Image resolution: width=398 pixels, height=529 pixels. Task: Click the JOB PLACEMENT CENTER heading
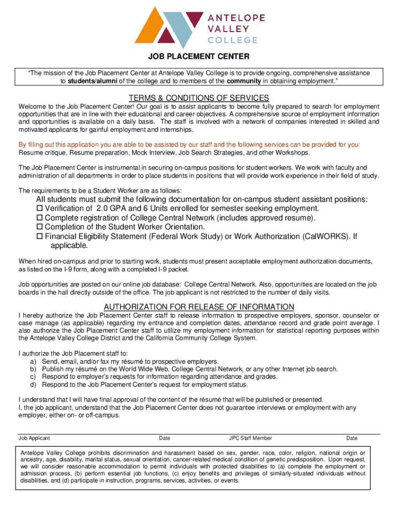(x=199, y=56)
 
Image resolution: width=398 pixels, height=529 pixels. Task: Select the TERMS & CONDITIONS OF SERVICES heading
(x=199, y=98)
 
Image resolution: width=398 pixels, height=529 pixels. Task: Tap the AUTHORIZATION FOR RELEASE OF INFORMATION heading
(x=199, y=306)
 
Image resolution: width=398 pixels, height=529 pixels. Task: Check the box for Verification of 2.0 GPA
(x=39, y=208)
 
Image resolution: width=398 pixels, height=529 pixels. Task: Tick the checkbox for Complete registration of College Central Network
(x=39, y=217)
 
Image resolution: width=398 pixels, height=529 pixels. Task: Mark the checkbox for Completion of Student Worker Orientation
(x=39, y=227)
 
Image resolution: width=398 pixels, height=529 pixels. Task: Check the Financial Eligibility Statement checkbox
(x=39, y=236)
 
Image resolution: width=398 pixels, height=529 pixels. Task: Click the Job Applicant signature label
(x=34, y=438)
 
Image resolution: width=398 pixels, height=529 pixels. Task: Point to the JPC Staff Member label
(x=251, y=438)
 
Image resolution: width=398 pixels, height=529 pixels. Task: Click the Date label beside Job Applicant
(x=165, y=438)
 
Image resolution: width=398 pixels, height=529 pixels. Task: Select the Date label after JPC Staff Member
(x=352, y=438)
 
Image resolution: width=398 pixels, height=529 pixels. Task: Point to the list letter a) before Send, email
(x=33, y=362)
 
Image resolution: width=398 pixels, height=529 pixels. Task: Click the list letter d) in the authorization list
(x=33, y=384)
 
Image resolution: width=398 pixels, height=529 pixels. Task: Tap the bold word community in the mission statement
(x=244, y=81)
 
